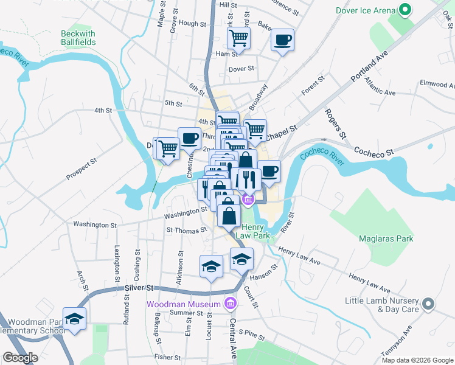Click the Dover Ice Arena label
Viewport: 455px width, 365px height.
pos(364,10)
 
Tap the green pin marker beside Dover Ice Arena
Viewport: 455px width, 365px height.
pos(403,10)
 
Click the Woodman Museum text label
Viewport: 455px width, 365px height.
pos(184,304)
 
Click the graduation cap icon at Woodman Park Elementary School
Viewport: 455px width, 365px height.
pos(74,318)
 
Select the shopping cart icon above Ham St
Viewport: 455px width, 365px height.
pos(239,38)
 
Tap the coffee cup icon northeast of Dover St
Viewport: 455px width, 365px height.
pos(282,40)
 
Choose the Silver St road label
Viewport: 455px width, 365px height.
pos(138,287)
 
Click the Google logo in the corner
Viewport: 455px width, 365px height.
pos(20,358)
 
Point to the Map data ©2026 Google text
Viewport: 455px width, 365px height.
pos(417,360)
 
